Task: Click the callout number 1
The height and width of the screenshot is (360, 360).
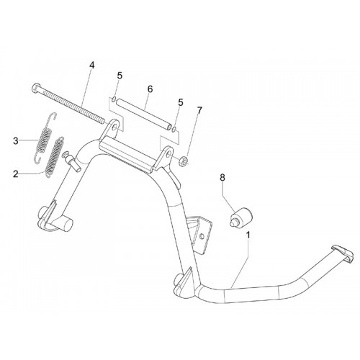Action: point(248,235)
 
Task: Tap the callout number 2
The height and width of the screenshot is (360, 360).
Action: point(16,174)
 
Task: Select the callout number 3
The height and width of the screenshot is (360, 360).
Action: point(16,141)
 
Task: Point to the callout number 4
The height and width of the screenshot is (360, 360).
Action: point(92,65)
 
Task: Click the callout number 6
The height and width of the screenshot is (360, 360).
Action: point(150,89)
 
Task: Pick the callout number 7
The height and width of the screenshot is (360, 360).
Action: point(199,110)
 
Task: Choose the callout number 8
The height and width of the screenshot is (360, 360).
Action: point(222,178)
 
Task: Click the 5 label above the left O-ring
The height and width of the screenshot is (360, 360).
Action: point(120,76)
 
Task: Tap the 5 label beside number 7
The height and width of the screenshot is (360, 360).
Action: point(181,102)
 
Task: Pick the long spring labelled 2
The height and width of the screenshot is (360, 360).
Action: point(55,158)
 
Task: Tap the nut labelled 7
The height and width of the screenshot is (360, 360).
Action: point(184,160)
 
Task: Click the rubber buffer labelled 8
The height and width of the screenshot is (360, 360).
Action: point(240,217)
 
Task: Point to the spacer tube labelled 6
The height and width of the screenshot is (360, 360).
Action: point(144,113)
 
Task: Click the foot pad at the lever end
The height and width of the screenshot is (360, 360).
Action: point(342,253)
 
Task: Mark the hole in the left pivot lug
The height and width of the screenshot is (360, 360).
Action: point(116,127)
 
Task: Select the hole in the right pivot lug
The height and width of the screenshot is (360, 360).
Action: point(169,153)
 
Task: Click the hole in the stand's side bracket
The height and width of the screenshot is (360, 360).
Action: point(202,237)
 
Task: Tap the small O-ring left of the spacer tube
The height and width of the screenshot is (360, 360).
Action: point(114,99)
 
